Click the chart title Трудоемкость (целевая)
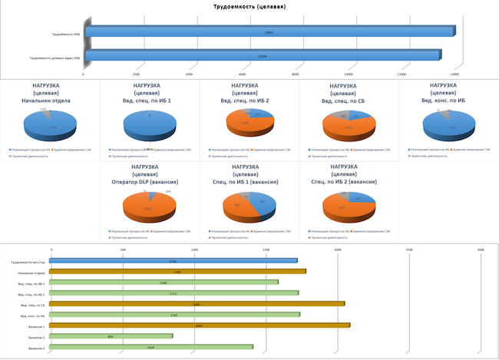point(249,7)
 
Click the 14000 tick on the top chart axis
point(454,74)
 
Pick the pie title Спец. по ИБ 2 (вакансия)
point(348,181)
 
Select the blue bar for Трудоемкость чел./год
point(173,261)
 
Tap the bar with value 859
point(112,336)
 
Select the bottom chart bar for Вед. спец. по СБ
point(198,304)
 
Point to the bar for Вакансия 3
point(152,348)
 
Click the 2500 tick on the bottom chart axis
point(409,249)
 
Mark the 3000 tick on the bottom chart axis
point(481,249)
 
